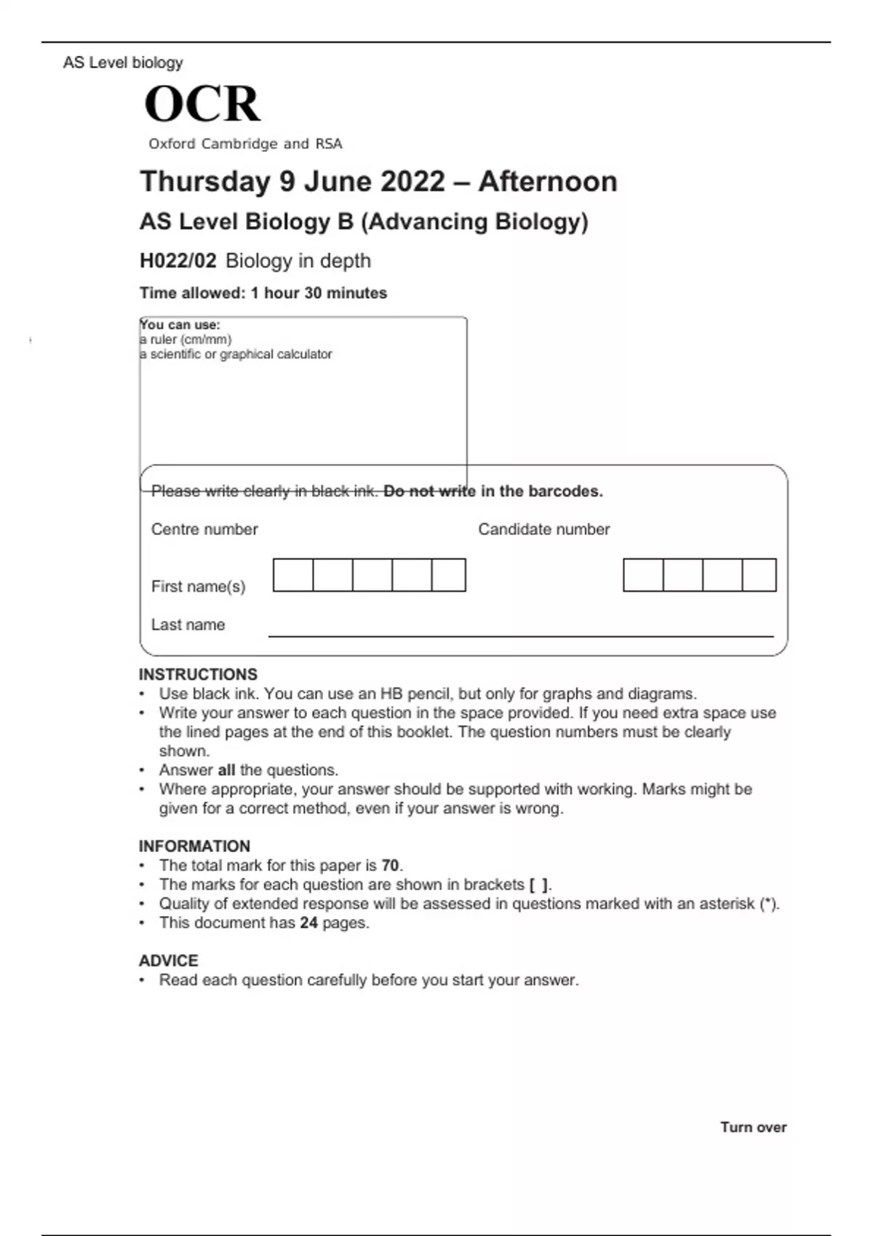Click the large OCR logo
pos(202,104)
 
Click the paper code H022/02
pos(178,261)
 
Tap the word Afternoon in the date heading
pos(547,182)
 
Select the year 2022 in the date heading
pos(412,182)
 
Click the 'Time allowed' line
pos(263,293)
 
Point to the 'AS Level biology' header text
pos(123,63)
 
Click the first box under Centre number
pos(293,575)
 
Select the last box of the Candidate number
pos(759,575)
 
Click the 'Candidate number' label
pos(543,529)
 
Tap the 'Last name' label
pos(188,625)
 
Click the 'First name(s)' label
pos(198,586)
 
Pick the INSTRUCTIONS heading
pos(198,674)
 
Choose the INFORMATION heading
pos(194,846)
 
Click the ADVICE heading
pos(168,960)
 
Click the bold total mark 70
pos(390,865)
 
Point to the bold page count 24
pos(308,923)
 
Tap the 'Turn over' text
pos(753,1127)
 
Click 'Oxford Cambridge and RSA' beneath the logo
pos(245,144)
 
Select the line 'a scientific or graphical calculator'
pos(236,354)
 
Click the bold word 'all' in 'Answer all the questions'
pos(226,770)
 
